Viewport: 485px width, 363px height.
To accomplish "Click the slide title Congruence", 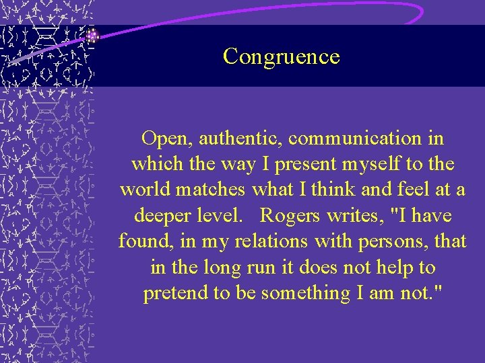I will (x=282, y=56).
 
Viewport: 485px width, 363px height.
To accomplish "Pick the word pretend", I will (x=174, y=294).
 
